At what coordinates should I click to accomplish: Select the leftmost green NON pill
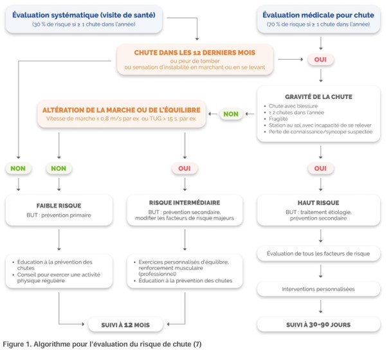point(19,168)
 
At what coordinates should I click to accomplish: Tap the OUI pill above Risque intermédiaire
point(185,168)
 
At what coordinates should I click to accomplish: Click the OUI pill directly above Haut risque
point(320,168)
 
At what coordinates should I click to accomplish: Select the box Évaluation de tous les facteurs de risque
point(320,253)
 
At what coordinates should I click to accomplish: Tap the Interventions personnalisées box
point(320,289)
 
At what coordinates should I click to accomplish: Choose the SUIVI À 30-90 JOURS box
point(320,325)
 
